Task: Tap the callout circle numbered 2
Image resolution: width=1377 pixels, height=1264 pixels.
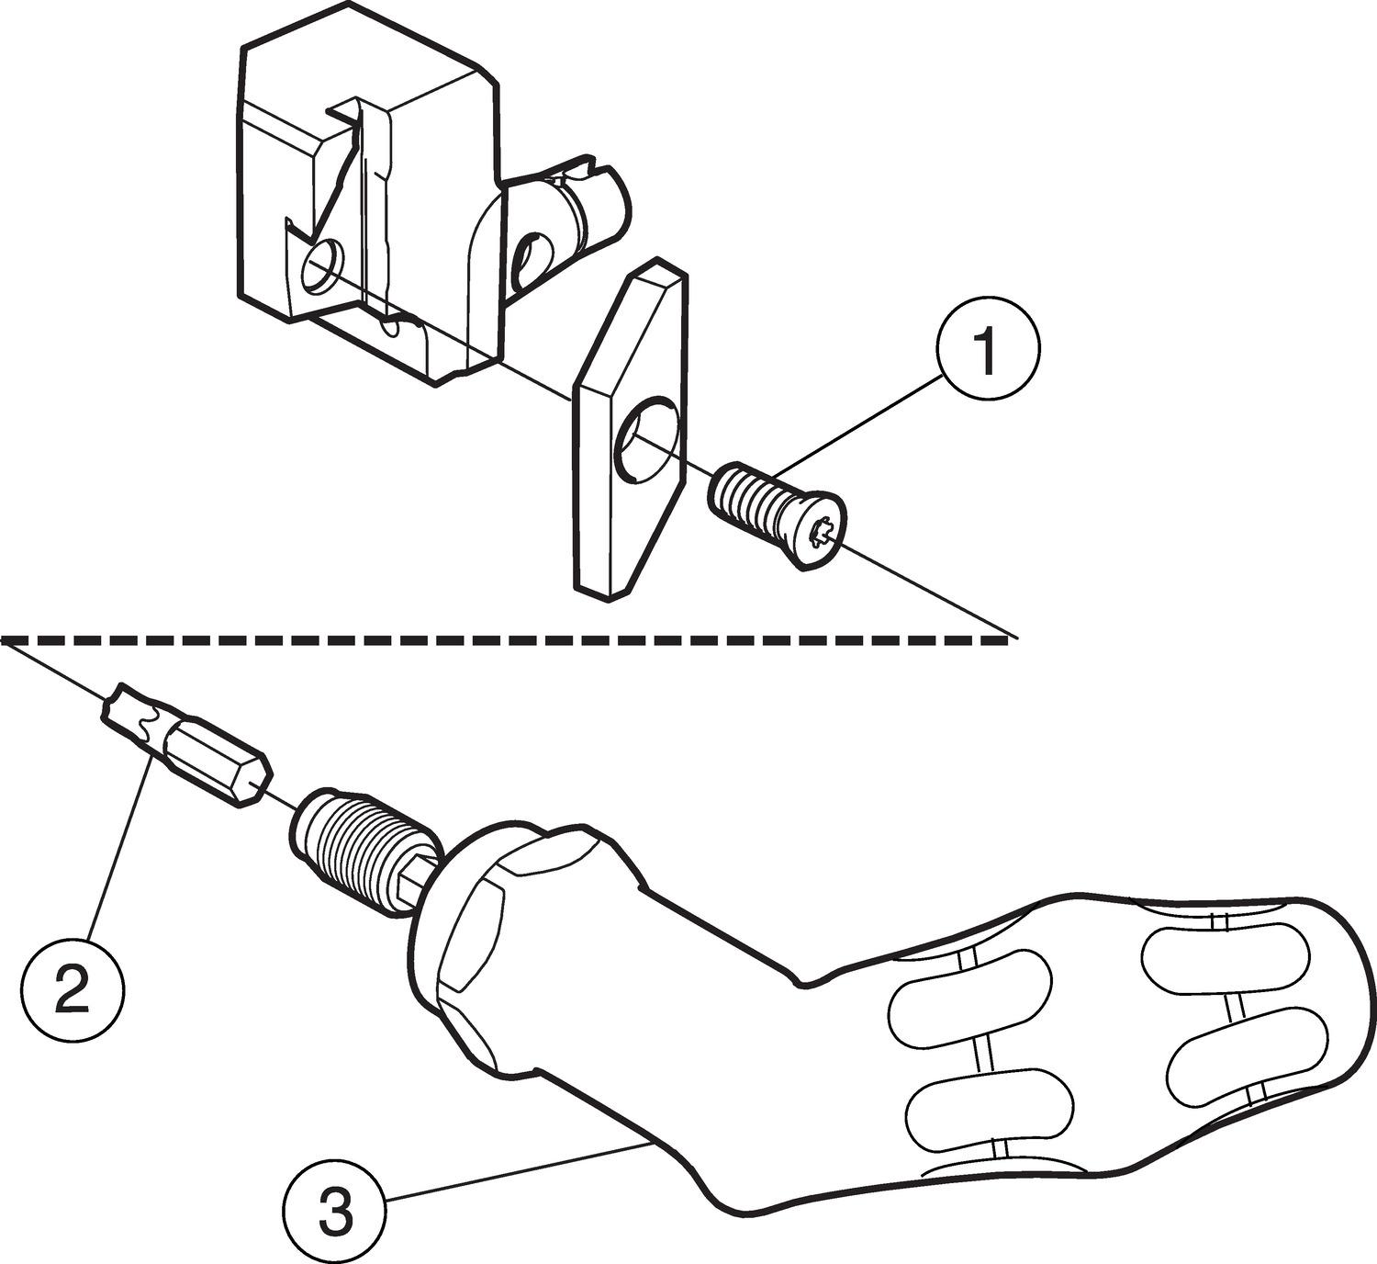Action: pyautogui.click(x=73, y=987)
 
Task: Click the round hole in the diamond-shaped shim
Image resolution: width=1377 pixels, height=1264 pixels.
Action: pyautogui.click(x=647, y=437)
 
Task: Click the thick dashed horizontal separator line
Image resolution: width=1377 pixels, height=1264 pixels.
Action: pyautogui.click(x=505, y=638)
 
